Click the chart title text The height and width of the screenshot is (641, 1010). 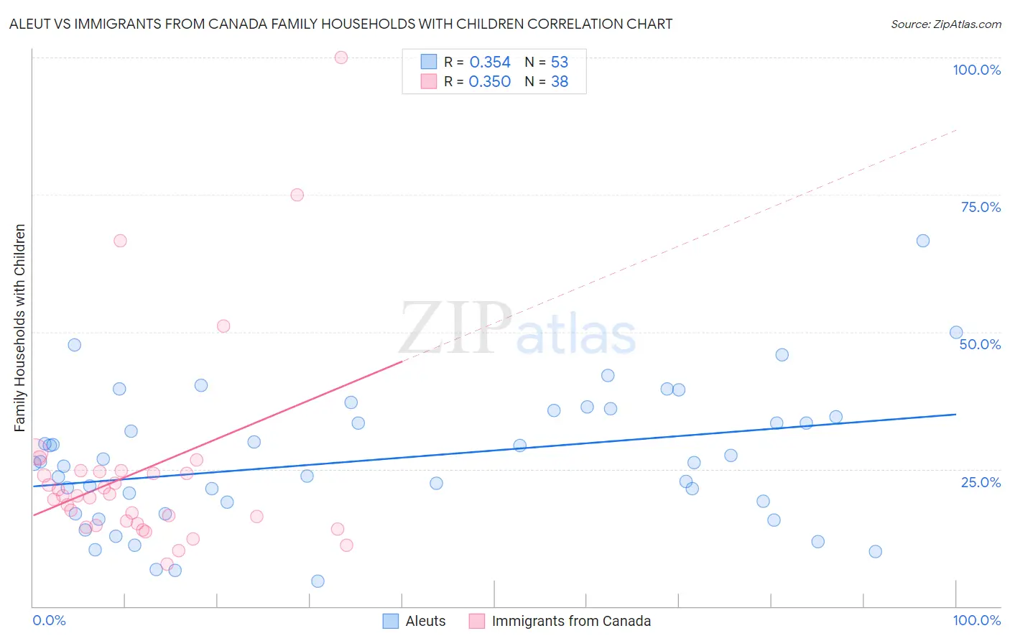pos(340,24)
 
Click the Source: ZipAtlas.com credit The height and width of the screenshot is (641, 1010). pos(945,24)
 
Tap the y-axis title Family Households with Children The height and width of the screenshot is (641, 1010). pos(19,328)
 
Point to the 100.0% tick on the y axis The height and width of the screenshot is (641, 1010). pos(976,70)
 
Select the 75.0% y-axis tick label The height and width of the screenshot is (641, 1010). pos(981,207)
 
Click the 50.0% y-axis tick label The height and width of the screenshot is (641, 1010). pos(980,344)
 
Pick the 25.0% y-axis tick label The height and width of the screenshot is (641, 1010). pos(981,482)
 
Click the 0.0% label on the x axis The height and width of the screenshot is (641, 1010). pos(49,620)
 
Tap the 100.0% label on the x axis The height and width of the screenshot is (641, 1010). pos(976,620)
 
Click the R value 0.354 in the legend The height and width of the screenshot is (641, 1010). pos(490,63)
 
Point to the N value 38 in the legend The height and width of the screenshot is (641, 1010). pos(560,82)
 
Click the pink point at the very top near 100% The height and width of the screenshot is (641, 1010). pos(341,57)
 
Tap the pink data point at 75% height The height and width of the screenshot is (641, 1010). pos(297,195)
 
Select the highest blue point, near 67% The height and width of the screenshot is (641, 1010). pos(923,241)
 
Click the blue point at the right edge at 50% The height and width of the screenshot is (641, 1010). pos(956,332)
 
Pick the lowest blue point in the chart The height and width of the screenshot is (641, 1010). pos(318,581)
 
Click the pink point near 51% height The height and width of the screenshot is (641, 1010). pos(223,326)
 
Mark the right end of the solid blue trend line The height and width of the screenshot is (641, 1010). pos(955,414)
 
